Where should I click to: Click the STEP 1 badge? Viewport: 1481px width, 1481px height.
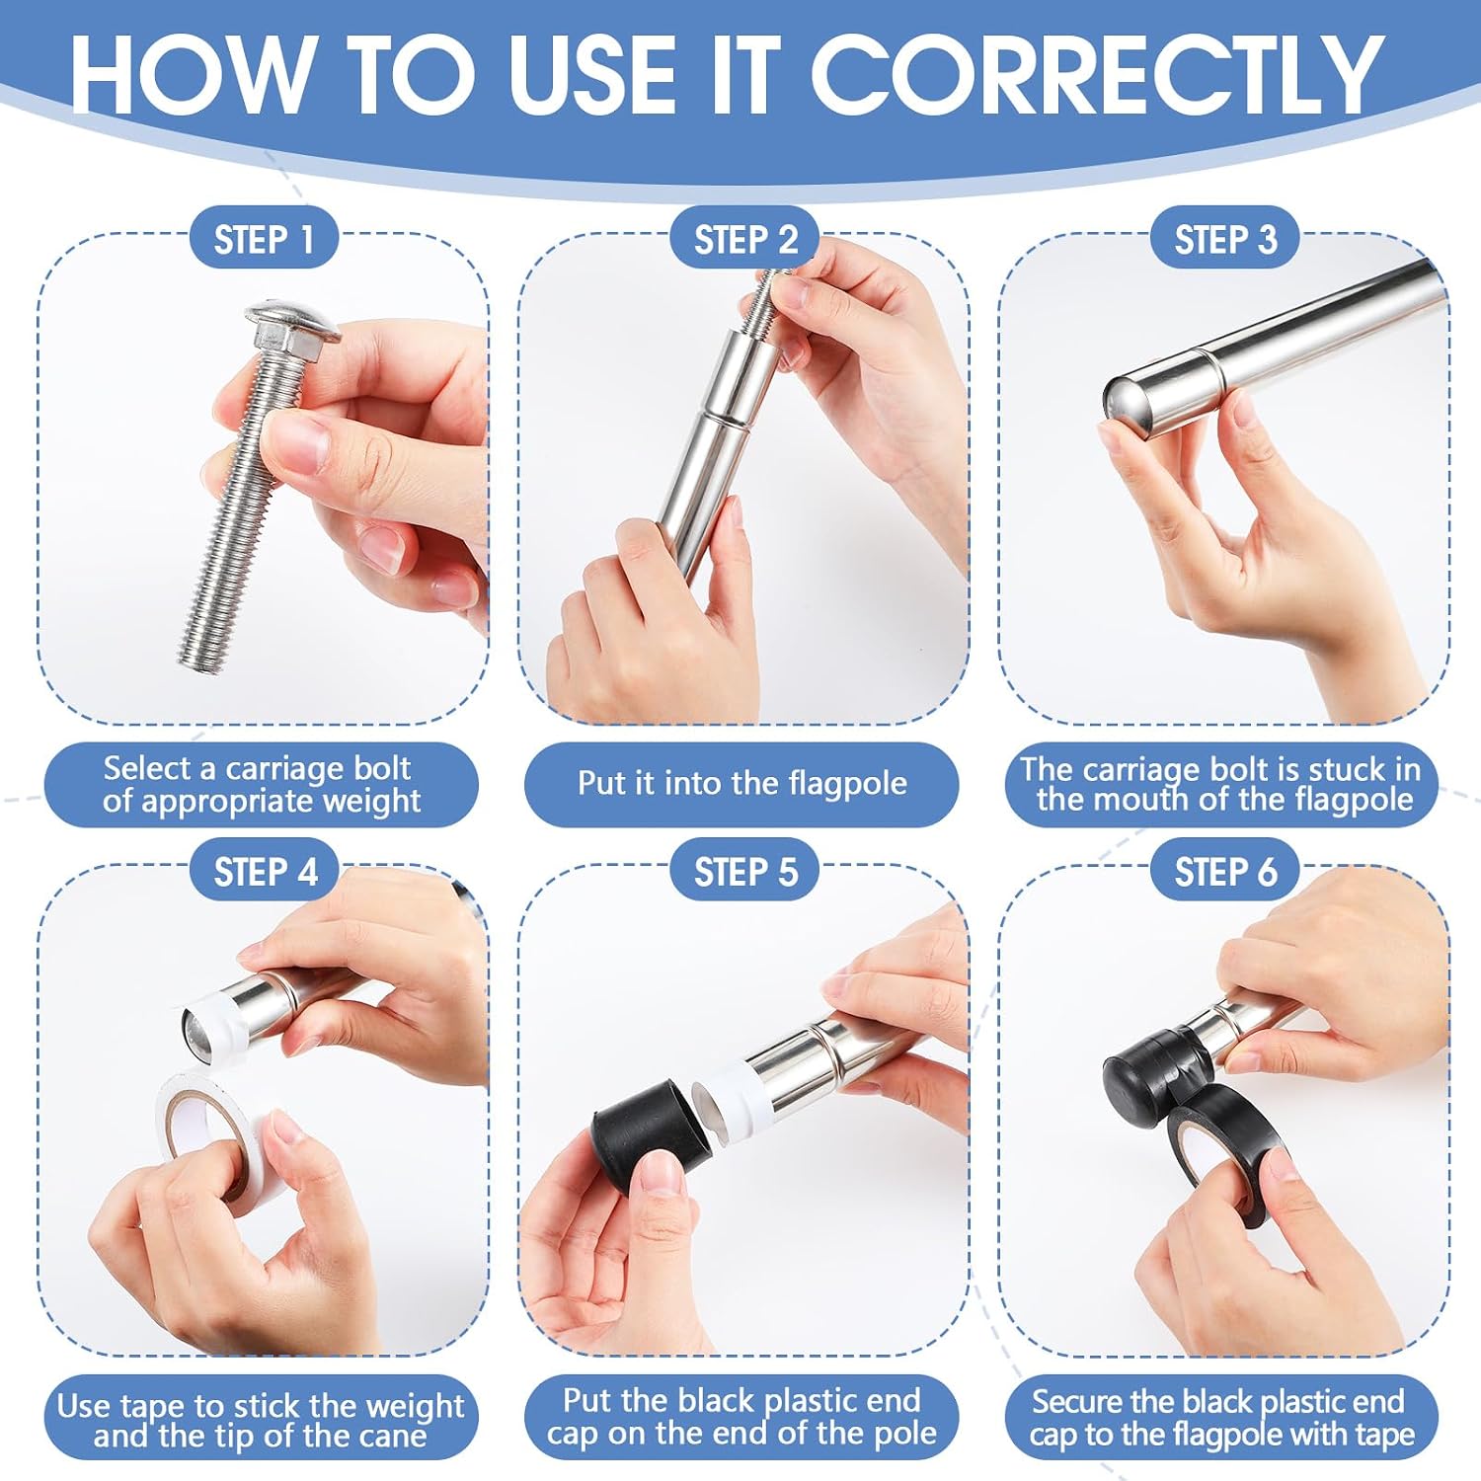click(264, 239)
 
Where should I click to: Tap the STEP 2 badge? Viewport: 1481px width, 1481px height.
click(744, 239)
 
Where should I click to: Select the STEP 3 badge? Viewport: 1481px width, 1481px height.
click(1225, 239)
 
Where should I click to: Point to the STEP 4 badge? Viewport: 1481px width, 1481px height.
click(265, 872)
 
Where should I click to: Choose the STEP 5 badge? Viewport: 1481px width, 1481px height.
click(744, 872)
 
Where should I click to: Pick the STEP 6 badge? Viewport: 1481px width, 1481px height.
click(1225, 872)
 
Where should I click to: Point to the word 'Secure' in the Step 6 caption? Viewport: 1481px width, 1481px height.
click(1076, 1402)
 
